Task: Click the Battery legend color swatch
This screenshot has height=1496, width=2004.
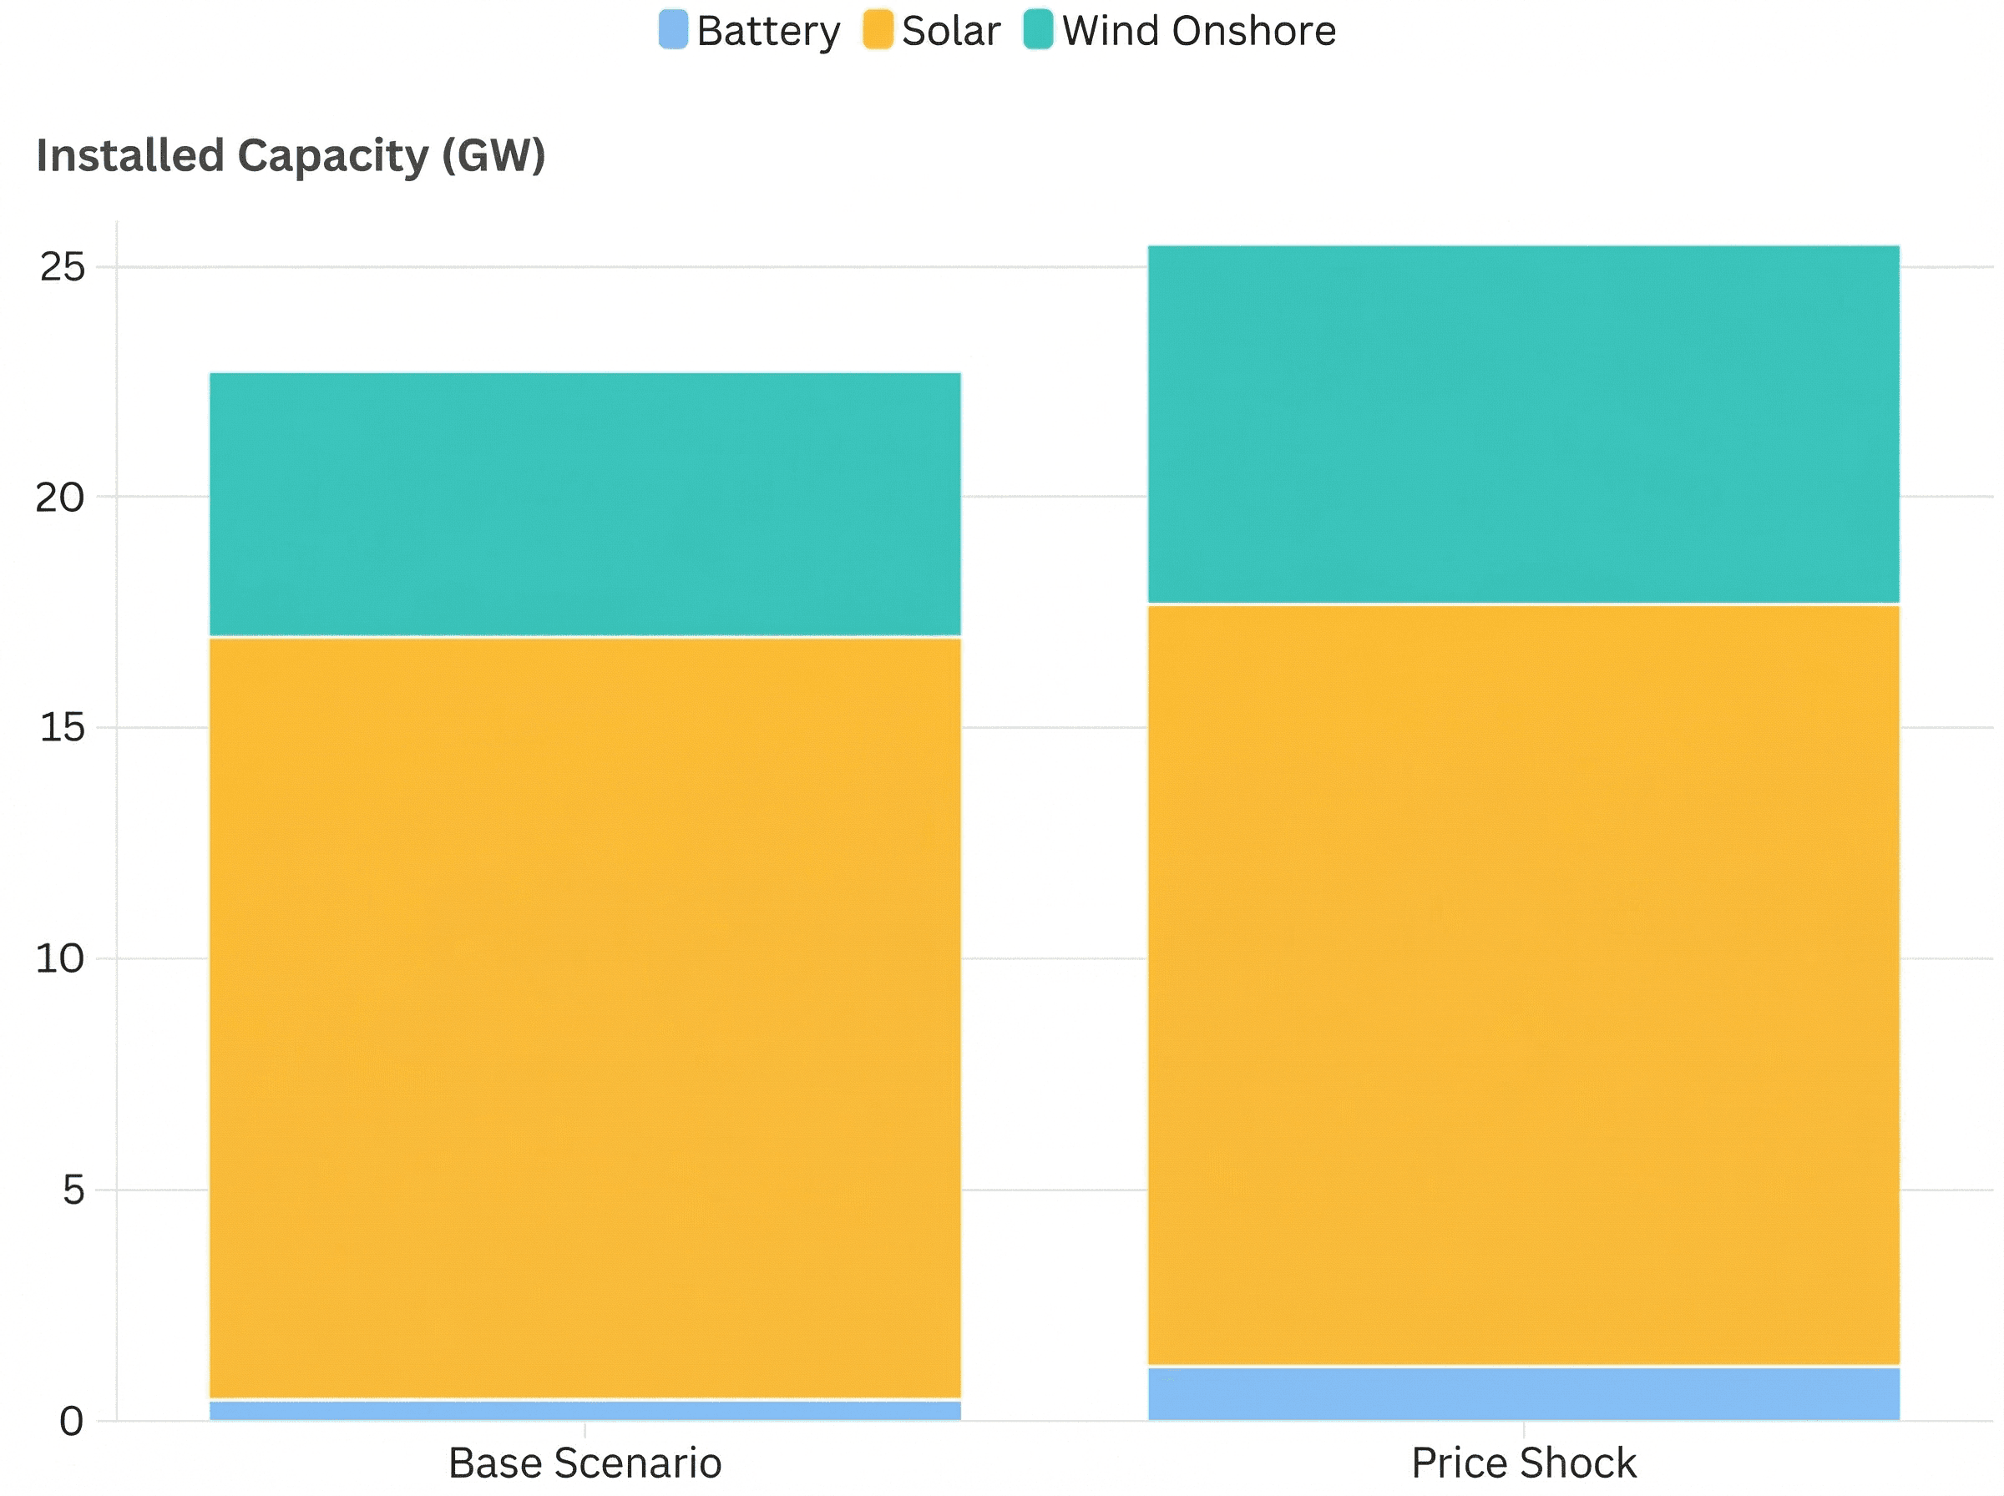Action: tap(673, 30)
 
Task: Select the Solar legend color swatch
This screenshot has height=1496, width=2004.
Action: tap(878, 30)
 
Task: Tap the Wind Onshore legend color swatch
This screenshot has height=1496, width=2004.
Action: tap(1038, 30)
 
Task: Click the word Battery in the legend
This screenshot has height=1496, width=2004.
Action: tap(768, 32)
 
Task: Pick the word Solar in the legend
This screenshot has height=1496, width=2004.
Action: tap(951, 32)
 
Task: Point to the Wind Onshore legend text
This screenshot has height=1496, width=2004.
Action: tap(1199, 32)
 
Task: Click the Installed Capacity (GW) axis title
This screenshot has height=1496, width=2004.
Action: tap(291, 156)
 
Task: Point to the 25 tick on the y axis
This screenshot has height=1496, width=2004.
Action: tap(62, 267)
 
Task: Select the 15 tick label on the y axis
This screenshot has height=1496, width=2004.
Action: tap(62, 728)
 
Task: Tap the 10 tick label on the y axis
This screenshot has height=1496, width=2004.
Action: tap(60, 959)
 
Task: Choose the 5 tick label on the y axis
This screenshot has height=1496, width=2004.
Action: tap(73, 1190)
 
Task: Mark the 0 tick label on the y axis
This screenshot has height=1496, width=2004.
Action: tap(72, 1422)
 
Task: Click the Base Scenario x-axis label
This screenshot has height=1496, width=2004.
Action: tap(585, 1463)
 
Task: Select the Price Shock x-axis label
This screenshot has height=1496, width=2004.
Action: tap(1524, 1463)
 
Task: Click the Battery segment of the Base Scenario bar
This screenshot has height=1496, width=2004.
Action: tap(585, 1411)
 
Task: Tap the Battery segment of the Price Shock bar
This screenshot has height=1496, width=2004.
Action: tap(1524, 1393)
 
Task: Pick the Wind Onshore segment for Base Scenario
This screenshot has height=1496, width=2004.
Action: tap(585, 504)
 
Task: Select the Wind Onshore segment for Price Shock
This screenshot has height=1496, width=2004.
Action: tap(1524, 424)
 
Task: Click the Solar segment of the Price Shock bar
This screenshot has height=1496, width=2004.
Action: tap(1524, 985)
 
